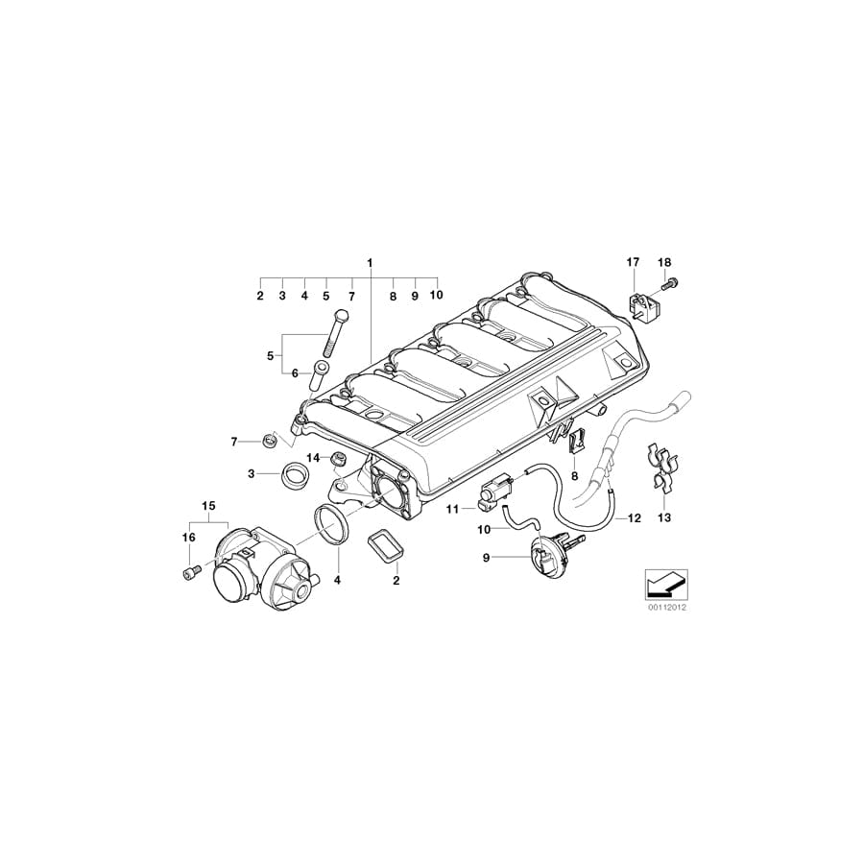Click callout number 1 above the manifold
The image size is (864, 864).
369,262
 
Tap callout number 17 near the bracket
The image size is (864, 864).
632,262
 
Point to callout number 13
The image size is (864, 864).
662,517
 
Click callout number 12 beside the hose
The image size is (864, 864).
634,518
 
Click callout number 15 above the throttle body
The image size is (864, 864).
208,505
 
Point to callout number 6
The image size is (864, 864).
295,372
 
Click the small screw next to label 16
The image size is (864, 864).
187,572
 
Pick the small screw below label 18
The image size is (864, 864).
670,283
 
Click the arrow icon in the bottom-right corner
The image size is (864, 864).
662,583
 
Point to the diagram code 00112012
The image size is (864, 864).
662,608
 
